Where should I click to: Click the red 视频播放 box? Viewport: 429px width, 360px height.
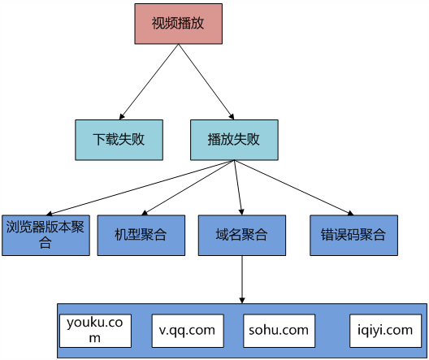(179, 24)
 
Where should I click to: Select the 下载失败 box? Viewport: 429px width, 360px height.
(119, 140)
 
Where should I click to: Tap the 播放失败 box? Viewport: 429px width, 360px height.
(234, 140)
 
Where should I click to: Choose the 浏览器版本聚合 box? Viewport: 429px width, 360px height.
(45, 235)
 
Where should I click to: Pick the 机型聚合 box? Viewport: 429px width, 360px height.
(141, 235)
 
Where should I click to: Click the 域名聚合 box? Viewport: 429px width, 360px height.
(242, 235)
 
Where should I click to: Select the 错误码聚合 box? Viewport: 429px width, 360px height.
(353, 235)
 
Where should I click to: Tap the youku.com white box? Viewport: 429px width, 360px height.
(96, 331)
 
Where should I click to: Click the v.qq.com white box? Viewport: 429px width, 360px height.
(188, 331)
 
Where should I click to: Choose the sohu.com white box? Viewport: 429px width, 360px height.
(279, 331)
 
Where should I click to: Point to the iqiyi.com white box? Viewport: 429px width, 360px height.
(385, 331)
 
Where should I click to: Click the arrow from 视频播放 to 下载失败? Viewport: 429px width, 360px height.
(149, 82)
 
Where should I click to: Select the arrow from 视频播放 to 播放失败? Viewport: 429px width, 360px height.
(206, 82)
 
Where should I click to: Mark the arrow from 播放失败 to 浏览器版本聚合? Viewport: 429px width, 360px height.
(140, 188)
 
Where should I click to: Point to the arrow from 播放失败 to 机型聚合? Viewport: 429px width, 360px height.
(188, 188)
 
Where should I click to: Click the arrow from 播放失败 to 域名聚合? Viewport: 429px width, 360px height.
(238, 188)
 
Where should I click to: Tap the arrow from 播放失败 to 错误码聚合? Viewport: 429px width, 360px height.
(294, 188)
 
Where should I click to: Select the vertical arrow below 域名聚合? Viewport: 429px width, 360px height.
(242, 280)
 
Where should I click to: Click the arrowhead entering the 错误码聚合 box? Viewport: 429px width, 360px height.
(350, 213)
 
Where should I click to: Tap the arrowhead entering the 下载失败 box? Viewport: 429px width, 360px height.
(122, 117)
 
